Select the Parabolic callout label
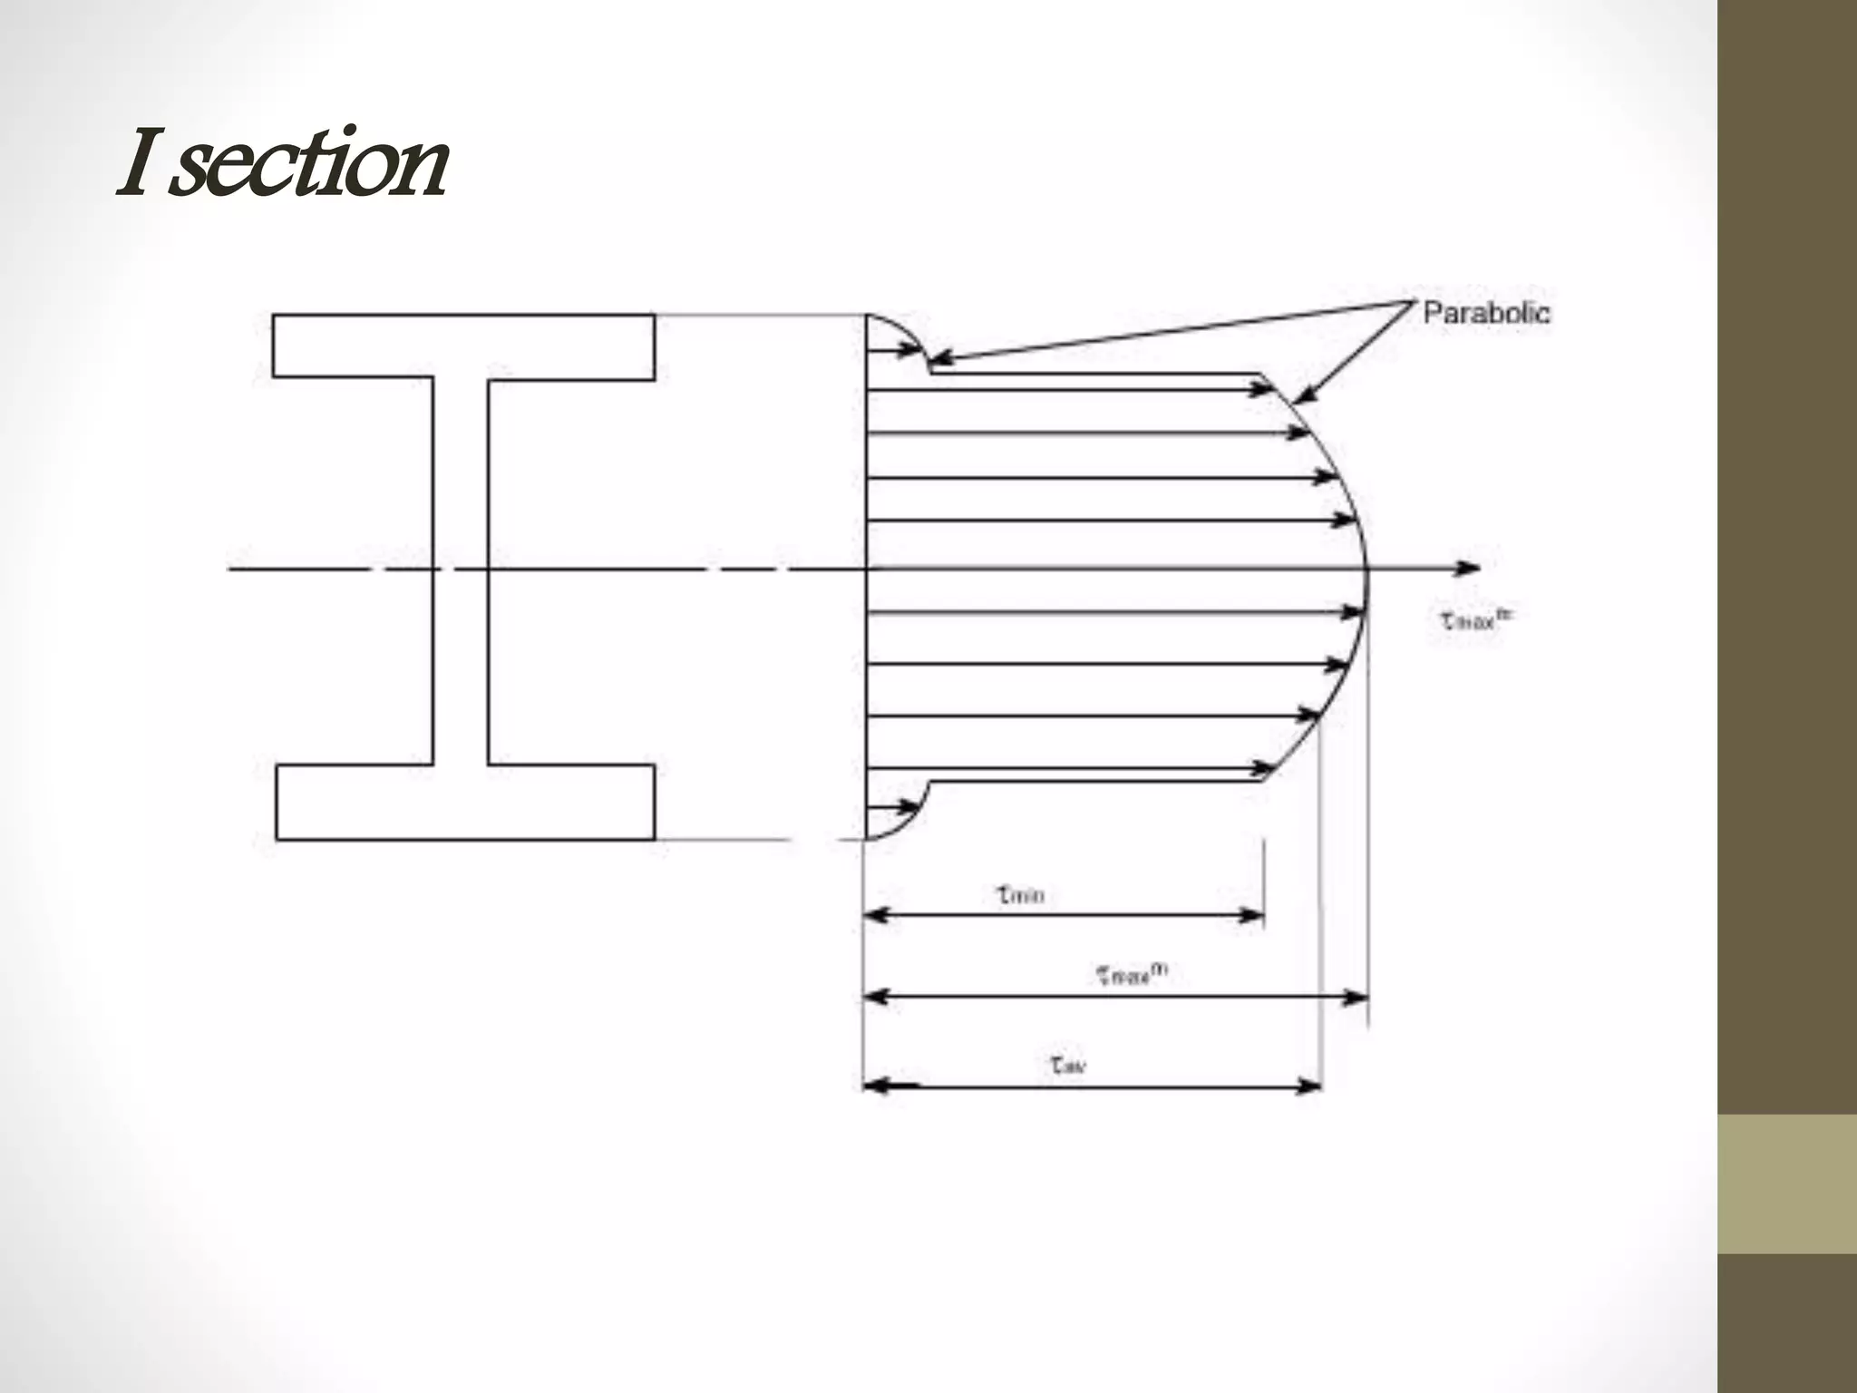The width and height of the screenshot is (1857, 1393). coord(1486,313)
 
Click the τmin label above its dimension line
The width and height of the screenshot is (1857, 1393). coord(1021,895)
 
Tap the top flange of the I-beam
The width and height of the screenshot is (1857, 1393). coord(463,346)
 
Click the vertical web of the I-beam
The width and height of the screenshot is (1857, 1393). coord(461,571)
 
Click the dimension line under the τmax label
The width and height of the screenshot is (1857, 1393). coord(1115,998)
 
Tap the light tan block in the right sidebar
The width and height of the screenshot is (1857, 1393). coord(1787,1184)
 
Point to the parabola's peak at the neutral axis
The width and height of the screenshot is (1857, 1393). coord(1367,570)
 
